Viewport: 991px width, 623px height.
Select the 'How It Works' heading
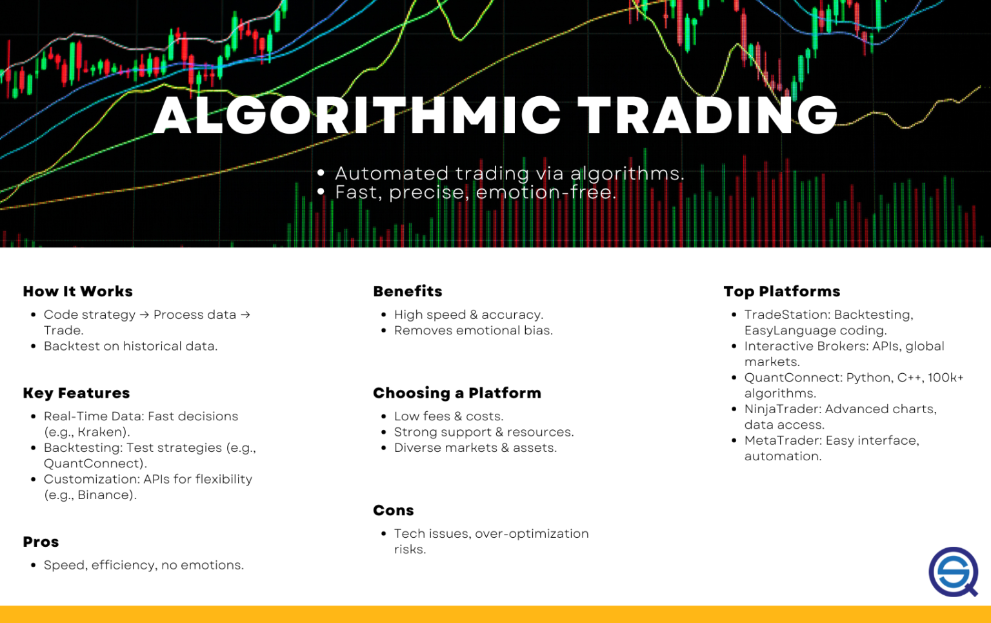point(77,292)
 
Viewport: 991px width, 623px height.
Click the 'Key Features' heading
point(76,393)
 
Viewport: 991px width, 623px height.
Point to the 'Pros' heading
point(41,542)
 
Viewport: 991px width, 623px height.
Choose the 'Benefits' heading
point(408,292)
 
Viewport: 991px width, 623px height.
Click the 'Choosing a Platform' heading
point(457,393)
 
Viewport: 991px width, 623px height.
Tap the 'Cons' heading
point(394,511)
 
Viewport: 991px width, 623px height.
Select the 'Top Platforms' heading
point(782,292)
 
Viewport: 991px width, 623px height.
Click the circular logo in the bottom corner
point(953,572)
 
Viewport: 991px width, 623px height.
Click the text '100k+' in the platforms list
point(945,378)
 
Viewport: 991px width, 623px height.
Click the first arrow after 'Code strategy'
point(145,315)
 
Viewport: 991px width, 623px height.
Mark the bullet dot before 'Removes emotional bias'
point(383,331)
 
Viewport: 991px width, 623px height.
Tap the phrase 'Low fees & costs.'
point(448,416)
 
